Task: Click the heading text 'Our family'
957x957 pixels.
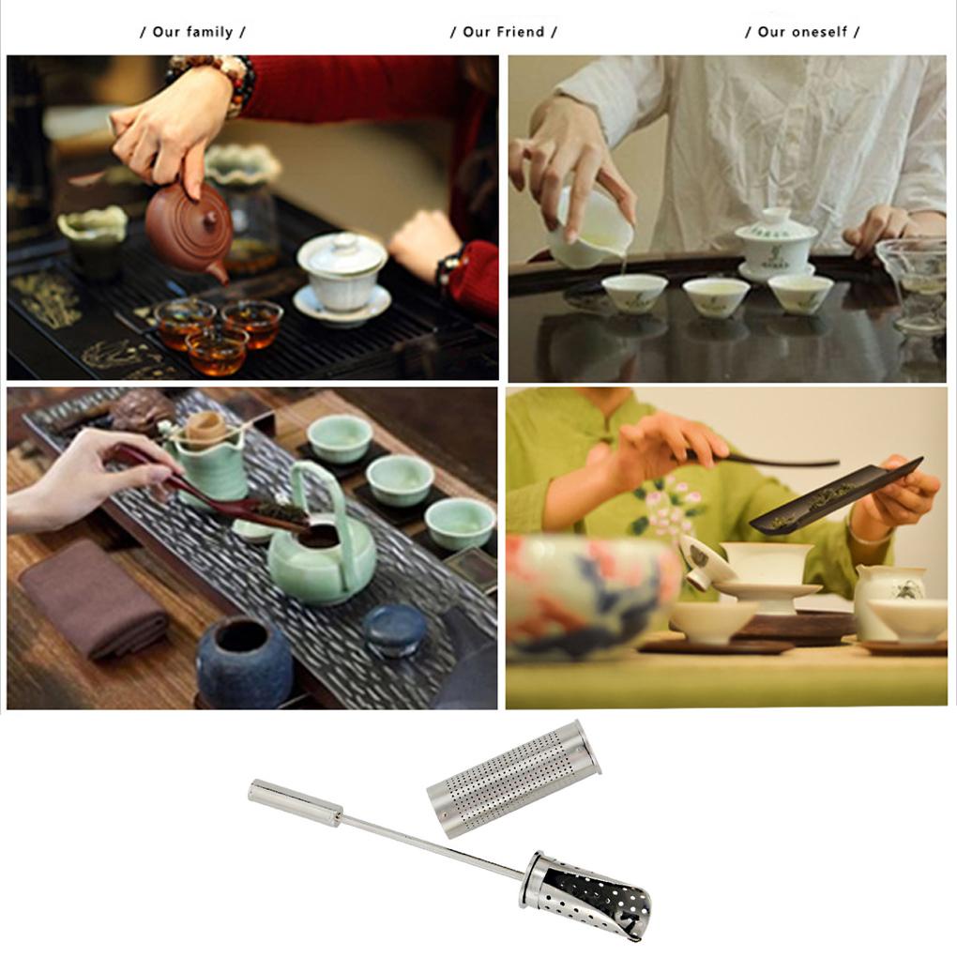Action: [x=192, y=32]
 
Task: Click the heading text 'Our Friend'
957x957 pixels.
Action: [x=503, y=32]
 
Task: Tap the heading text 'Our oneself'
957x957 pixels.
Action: [x=802, y=32]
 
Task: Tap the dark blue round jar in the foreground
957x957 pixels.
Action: [x=244, y=661]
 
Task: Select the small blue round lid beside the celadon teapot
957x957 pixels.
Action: [x=395, y=630]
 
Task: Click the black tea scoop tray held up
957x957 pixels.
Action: [x=835, y=496]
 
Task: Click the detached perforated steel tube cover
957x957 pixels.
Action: [x=514, y=777]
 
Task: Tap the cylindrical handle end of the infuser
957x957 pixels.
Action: [x=295, y=803]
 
